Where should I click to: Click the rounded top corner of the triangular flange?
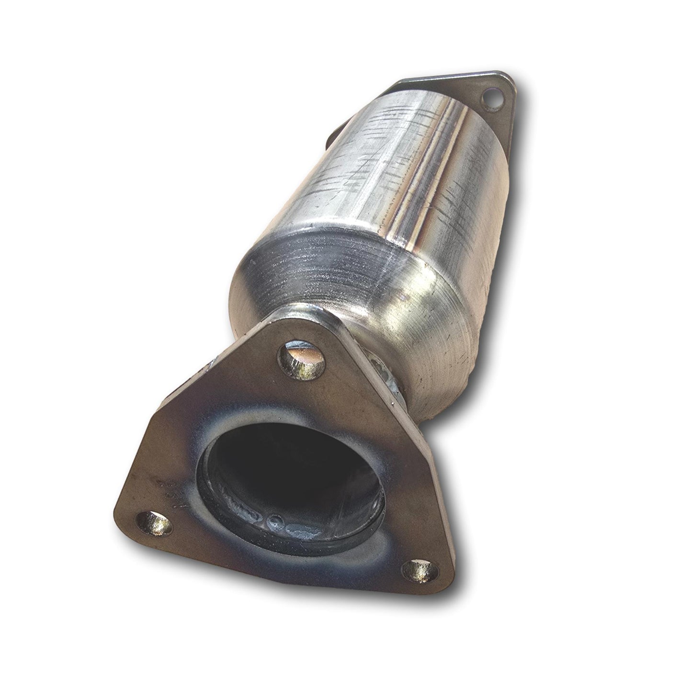pos(306,326)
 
